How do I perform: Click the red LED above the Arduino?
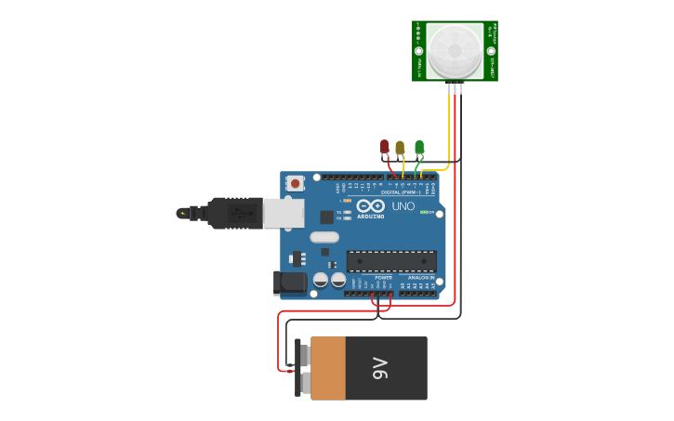point(384,147)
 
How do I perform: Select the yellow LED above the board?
point(400,148)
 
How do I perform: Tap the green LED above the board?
point(419,147)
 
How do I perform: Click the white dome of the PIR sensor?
point(455,50)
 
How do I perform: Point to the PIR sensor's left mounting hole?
point(419,51)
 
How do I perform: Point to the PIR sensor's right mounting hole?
point(491,51)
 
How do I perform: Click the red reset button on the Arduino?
point(296,183)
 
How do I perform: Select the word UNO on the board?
point(403,206)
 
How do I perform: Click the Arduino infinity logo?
point(370,206)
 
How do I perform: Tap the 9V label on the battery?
point(380,368)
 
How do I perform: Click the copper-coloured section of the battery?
point(327,368)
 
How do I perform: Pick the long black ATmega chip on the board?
point(391,261)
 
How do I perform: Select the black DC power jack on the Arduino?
point(290,283)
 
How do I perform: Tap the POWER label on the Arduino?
point(383,277)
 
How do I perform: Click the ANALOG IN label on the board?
point(419,277)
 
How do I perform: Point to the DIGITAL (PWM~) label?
point(400,192)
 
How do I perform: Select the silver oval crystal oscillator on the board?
point(324,236)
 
